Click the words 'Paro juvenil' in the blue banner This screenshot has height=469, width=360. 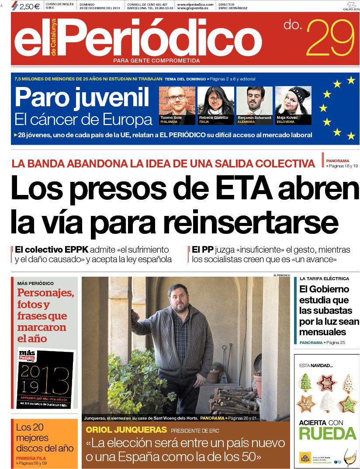pos(82,97)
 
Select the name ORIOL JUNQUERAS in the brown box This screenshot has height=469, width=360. pos(126,429)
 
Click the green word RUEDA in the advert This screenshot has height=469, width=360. pos(327,433)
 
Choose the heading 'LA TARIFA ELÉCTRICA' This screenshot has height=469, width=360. pos(324,278)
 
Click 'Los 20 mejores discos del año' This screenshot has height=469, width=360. pos(45,437)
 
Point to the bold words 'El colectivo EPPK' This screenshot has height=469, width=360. pos(52,250)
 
